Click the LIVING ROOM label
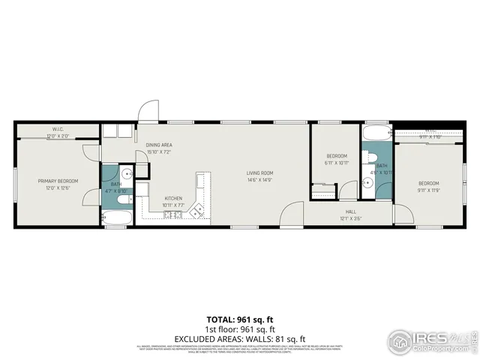[260, 173]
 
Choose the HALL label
[350, 212]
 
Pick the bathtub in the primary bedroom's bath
[115, 219]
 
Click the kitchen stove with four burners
[172, 216]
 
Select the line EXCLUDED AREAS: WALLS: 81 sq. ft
[240, 338]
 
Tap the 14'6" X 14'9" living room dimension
[260, 181]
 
